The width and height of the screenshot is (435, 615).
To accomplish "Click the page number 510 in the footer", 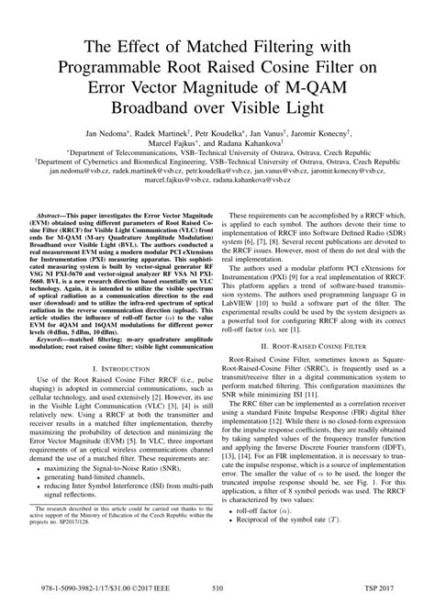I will coord(217,594).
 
